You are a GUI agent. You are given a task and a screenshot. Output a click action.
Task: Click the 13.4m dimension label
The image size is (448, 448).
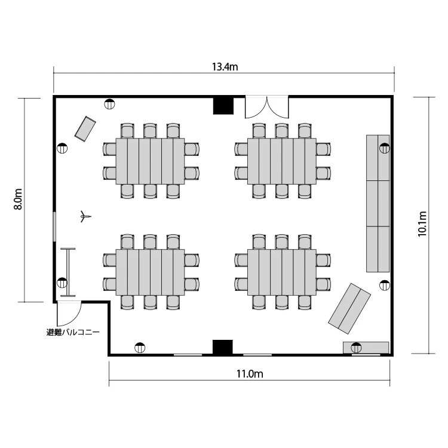coord(225,67)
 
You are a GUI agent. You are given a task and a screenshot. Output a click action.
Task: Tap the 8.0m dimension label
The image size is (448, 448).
coord(18,200)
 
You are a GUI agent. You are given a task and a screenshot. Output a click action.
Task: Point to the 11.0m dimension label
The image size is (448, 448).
coord(250,375)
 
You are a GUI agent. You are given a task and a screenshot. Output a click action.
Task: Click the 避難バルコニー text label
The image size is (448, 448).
coord(73,332)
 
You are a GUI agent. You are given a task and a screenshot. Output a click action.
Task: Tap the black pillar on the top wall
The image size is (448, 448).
coord(223,105)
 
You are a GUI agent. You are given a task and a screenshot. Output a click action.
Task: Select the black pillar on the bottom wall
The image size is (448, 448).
coord(222,347)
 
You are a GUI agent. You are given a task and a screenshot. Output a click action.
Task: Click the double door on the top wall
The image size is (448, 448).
coord(267,108)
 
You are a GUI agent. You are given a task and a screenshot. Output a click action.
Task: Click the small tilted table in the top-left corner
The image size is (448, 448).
coord(85,128)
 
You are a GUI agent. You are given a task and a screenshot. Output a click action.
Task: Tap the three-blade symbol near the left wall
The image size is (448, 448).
coord(84,217)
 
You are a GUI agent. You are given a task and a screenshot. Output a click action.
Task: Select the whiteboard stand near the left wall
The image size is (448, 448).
coord(69,272)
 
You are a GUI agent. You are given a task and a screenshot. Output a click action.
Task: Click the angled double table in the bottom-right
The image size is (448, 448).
coord(349,309)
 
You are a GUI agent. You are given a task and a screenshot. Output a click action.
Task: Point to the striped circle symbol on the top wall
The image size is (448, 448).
coord(110,104)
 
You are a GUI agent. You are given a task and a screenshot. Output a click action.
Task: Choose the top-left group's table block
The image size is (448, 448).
coord(150,161)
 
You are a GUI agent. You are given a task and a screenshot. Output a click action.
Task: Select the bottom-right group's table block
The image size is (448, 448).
coord(281,272)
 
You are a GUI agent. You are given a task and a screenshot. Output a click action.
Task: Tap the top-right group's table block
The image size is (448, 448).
coord(281,161)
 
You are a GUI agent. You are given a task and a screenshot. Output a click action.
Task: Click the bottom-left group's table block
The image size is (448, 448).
coord(150,272)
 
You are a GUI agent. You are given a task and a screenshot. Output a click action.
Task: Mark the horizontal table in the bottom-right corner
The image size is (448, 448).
coord(366,347)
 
